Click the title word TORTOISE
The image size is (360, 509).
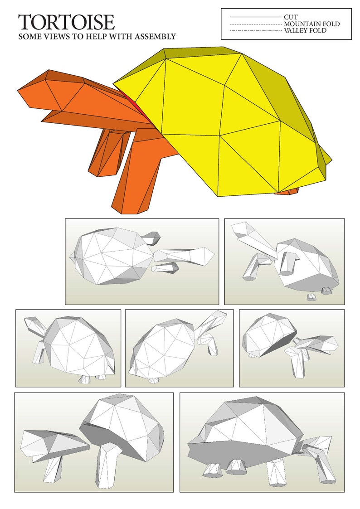point(66,22)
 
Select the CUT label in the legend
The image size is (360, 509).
point(291,17)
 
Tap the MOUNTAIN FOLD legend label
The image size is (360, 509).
point(311,24)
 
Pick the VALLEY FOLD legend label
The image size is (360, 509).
point(305,31)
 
